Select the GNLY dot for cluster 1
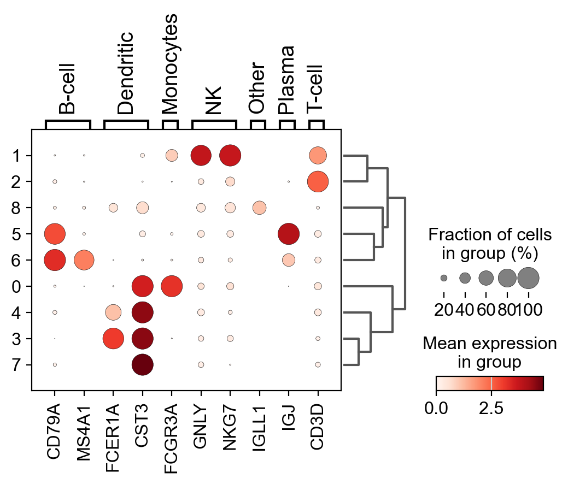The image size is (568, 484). point(201,155)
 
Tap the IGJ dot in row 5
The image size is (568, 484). point(288,234)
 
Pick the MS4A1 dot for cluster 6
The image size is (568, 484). point(84,260)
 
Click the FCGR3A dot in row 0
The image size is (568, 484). point(172,286)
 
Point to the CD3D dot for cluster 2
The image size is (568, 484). point(318,181)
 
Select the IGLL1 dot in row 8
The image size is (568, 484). point(259,208)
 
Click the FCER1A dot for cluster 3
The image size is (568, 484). point(113,338)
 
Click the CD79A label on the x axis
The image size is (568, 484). point(55,429)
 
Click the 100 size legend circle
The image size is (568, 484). point(528,278)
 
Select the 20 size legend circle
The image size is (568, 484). point(444,278)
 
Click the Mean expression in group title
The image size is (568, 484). point(489,352)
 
